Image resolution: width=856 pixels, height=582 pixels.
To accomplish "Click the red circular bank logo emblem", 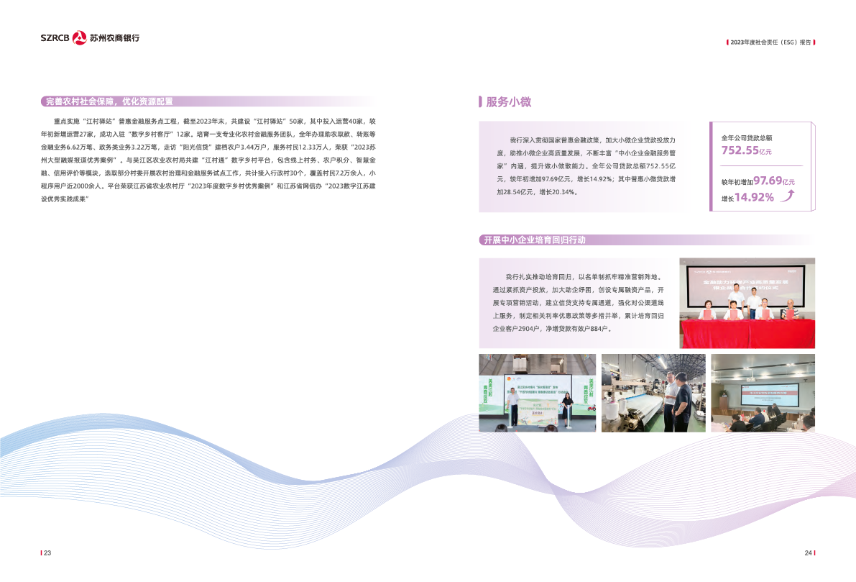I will tap(80, 37).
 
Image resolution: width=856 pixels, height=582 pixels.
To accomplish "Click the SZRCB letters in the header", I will tap(55, 38).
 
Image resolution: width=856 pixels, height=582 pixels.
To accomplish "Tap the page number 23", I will tap(47, 553).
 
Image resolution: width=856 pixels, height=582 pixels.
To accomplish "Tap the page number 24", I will tap(808, 553).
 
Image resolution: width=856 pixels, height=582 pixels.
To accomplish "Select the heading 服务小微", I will tap(508, 102).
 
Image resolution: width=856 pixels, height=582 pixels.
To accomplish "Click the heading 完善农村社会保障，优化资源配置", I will tap(109, 101).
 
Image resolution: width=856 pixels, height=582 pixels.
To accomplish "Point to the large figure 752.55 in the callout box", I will tap(740, 151).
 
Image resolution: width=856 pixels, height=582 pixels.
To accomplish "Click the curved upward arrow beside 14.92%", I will tap(788, 196).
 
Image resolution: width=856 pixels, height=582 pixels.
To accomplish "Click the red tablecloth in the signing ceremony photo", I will tap(747, 333).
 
